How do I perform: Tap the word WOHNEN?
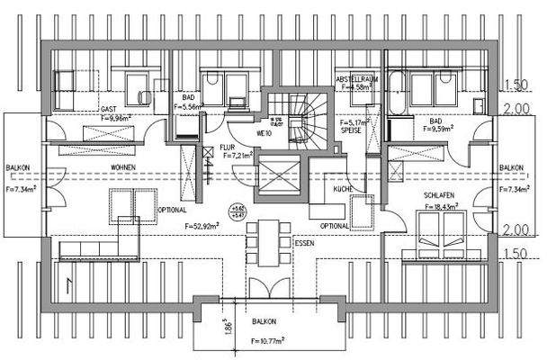pyautogui.click(x=123, y=167)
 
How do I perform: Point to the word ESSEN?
pyautogui.click(x=305, y=242)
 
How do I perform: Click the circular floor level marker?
pyautogui.click(x=236, y=212)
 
